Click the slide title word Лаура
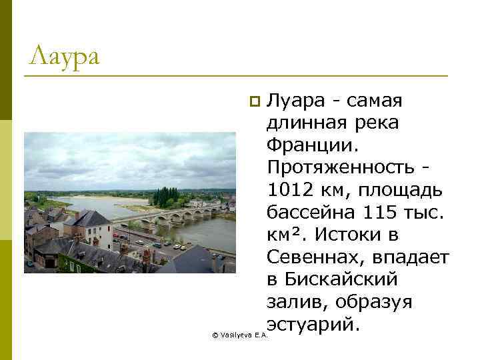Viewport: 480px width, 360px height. (64, 55)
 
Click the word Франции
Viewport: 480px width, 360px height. (307, 145)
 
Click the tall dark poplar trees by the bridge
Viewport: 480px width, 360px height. (165, 196)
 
